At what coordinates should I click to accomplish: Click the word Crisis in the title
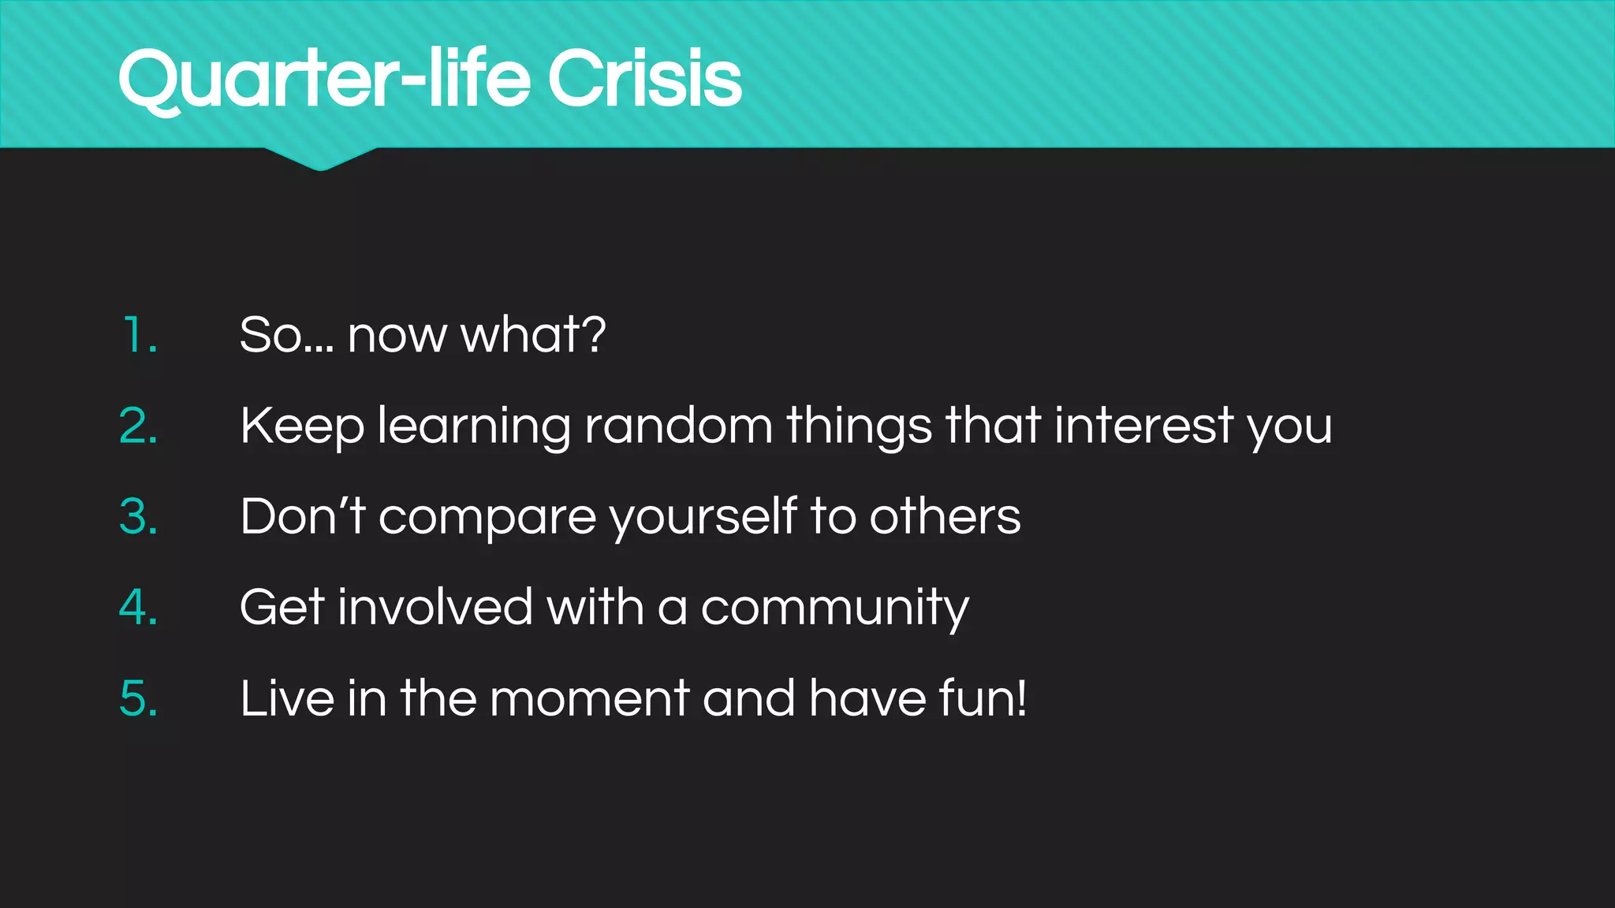644,79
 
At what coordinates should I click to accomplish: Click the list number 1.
140,335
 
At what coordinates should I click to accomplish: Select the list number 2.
139,426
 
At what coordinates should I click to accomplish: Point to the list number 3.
139,517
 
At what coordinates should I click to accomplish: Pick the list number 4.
139,608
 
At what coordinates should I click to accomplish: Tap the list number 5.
139,698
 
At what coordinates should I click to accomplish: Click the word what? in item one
533,335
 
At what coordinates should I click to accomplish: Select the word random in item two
678,426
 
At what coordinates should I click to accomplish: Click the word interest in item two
1143,426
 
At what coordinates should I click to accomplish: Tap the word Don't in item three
302,517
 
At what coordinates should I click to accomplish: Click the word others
945,517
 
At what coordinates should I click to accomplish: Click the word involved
435,608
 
